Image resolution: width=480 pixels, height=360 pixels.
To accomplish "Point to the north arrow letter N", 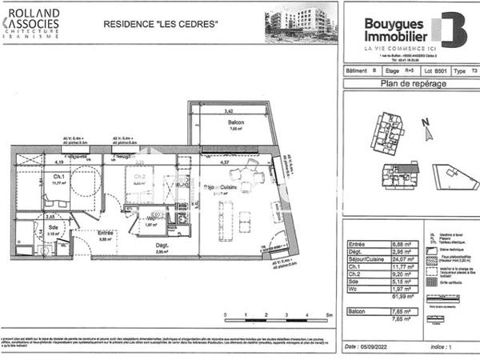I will coord(426,122).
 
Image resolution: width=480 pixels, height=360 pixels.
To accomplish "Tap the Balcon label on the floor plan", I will coord(235,122).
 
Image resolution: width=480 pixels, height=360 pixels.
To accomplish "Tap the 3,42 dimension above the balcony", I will coord(229,111).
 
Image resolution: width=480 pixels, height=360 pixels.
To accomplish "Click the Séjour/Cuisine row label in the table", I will coord(364,258).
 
